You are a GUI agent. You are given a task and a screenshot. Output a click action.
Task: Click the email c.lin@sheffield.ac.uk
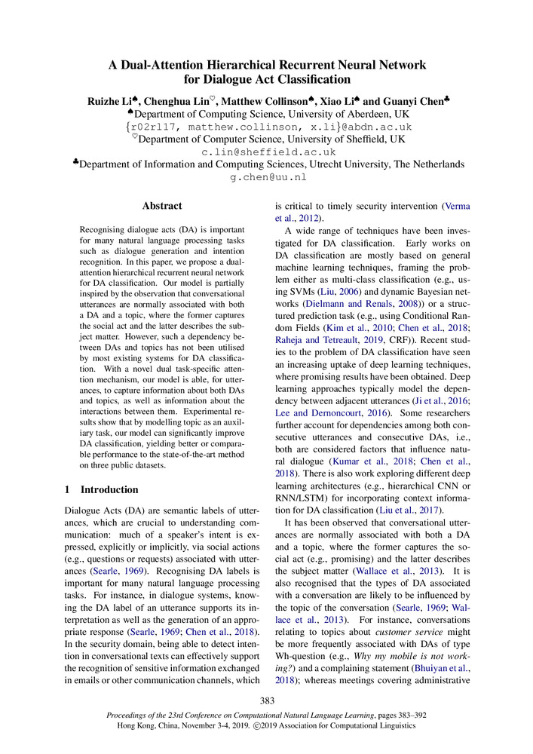coord(268,152)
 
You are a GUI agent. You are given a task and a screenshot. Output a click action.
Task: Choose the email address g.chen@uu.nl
coord(268,178)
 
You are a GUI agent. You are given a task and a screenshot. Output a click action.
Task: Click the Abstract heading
coord(162,206)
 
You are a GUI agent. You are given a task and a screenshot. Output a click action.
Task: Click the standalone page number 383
coord(267,701)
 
